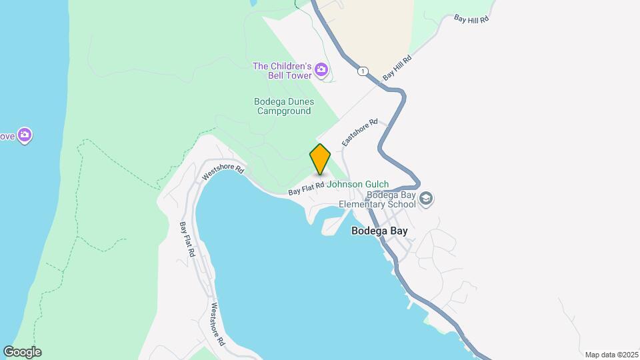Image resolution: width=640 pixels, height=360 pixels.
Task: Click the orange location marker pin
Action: (320, 159)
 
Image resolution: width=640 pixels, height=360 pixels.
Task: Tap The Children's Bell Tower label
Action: (282, 71)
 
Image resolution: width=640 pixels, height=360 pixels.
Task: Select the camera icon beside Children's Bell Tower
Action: (321, 69)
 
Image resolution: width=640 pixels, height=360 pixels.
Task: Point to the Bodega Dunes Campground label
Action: (285, 107)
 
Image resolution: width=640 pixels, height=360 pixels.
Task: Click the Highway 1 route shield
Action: (362, 71)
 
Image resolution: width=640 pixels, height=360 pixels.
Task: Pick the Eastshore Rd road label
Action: (360, 133)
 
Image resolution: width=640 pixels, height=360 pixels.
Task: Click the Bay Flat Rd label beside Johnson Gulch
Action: (306, 189)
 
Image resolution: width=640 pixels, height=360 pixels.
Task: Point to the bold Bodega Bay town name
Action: (379, 231)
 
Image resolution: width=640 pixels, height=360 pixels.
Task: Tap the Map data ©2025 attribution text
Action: (611, 355)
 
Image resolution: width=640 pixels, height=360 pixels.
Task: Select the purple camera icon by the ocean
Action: (25, 136)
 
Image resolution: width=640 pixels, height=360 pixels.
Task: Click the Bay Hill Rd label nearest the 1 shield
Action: (397, 69)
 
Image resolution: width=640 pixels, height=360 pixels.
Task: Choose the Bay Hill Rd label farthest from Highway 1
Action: (471, 19)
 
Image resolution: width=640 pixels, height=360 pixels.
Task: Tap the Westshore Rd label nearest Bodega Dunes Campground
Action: (223, 173)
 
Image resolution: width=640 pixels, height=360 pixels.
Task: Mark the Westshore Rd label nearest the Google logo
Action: (218, 325)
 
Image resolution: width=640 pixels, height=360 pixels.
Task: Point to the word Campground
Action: (285, 111)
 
